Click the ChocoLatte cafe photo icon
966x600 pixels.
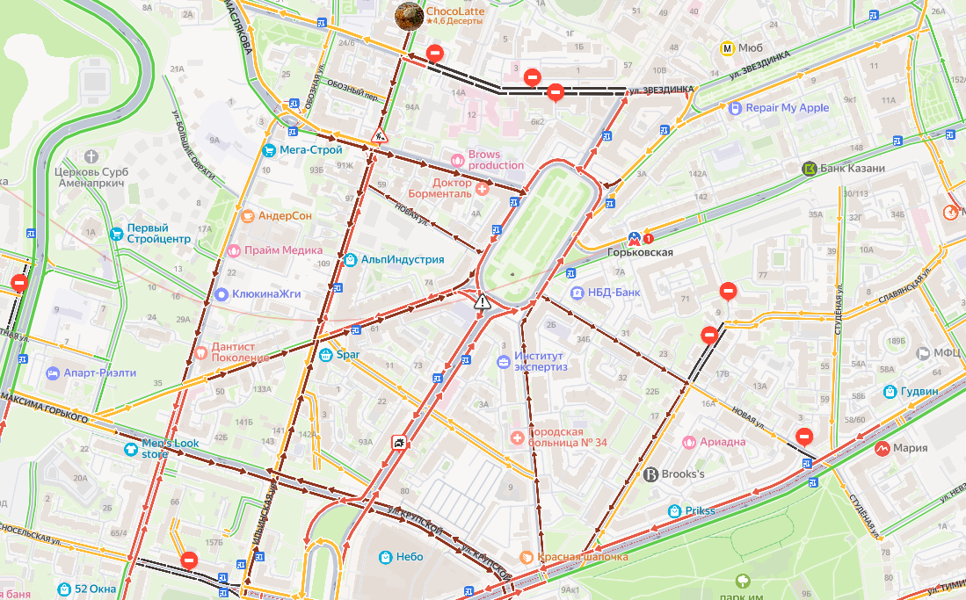408,15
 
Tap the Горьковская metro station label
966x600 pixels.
640,252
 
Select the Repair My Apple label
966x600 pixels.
787,108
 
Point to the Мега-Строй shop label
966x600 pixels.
303,150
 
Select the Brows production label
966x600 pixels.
496,160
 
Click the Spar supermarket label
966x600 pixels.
348,356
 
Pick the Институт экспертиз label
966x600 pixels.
541,361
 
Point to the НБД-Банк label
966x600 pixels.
614,293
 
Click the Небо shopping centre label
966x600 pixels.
409,557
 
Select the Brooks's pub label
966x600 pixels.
682,474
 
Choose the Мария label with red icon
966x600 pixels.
910,448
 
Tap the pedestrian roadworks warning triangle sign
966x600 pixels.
380,136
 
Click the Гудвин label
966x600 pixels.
919,391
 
